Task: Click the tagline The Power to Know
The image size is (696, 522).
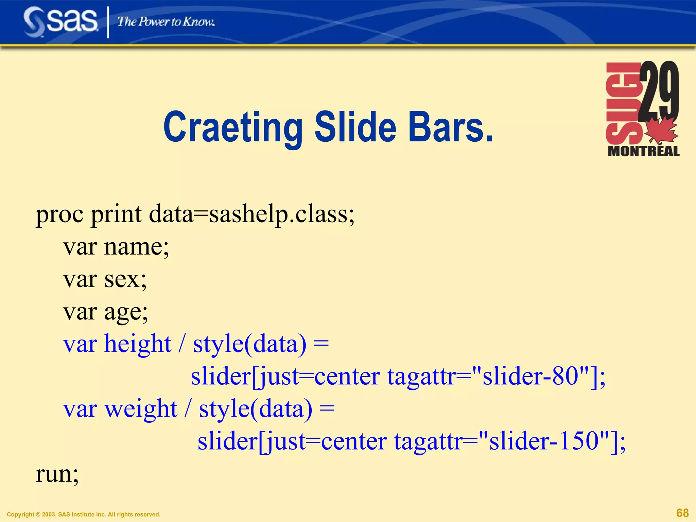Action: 166,22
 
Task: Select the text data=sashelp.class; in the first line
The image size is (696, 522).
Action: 251,215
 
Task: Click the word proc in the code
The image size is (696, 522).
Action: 59,215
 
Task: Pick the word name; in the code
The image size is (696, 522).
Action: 136,247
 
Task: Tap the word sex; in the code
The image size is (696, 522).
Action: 125,279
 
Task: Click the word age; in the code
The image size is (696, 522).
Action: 126,312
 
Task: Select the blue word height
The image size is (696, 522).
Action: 138,344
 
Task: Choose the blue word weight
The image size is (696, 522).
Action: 141,409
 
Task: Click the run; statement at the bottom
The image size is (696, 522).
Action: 57,474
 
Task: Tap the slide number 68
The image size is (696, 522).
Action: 682,513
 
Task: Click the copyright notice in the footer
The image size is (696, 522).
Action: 84,515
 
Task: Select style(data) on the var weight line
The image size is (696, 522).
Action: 256,409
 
